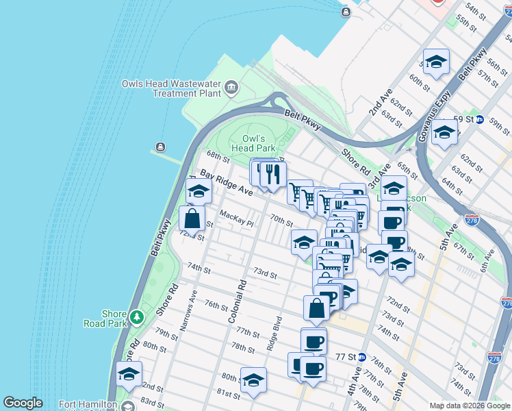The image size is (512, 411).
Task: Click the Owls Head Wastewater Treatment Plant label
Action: [x=171, y=88]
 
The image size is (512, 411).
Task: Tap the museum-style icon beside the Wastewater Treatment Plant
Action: [x=231, y=86]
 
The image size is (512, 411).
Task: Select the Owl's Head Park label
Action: [x=253, y=143]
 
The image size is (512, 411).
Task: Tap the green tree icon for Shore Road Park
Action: [x=137, y=316]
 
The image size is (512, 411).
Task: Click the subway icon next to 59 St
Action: [x=480, y=119]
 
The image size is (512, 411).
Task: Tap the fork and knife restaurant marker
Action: [x=273, y=175]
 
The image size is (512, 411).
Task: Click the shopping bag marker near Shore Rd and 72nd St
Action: [x=192, y=219]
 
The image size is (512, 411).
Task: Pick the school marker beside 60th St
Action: [x=436, y=63]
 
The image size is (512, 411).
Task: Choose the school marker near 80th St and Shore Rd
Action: [x=129, y=374]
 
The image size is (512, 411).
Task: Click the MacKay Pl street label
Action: [x=236, y=219]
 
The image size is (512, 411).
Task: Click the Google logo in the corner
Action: [x=23, y=403]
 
